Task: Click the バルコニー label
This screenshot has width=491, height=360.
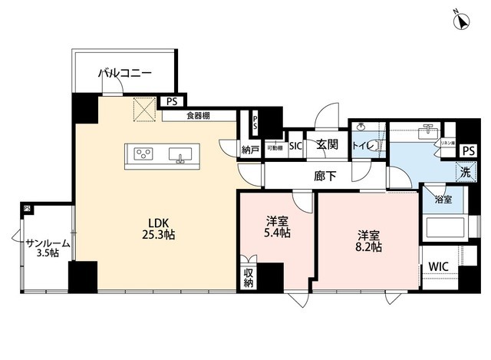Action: (124, 74)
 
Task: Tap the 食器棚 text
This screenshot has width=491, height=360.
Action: (198, 116)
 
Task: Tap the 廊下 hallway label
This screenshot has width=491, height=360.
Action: (325, 176)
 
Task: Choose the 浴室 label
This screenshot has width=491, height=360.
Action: (443, 200)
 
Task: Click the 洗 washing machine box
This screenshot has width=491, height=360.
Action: (465, 173)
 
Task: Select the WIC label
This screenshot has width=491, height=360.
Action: (439, 266)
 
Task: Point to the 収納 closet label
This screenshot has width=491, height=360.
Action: (248, 278)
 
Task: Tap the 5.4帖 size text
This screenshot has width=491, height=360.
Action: (275, 233)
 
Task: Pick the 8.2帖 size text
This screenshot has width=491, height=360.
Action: (369, 247)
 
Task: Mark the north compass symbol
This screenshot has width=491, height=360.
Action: (463, 21)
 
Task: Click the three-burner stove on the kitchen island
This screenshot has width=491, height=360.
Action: (143, 153)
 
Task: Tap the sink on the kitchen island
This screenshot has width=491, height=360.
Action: (182, 154)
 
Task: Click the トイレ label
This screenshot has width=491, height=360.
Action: (362, 146)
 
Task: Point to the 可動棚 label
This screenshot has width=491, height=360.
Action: (275, 147)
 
